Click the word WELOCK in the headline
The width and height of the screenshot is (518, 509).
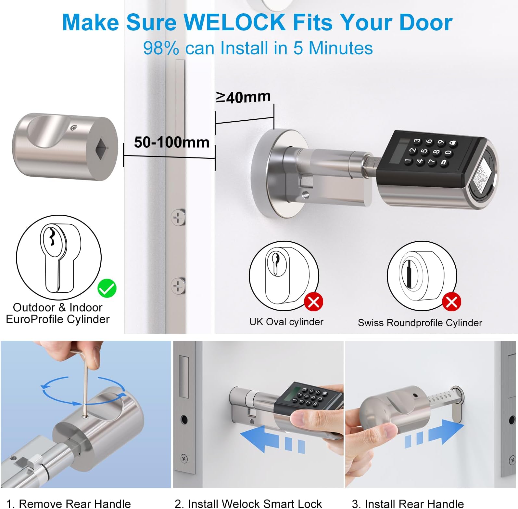(234, 22)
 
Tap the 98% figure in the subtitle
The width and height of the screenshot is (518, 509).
(161, 48)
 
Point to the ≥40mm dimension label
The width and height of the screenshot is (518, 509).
(243, 97)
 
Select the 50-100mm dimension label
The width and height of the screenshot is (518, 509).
(172, 142)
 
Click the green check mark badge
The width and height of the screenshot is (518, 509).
(107, 288)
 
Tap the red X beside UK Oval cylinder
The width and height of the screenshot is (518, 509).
(314, 302)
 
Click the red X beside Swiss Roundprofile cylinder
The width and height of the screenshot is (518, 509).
(452, 302)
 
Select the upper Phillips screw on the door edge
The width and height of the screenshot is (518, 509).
(178, 217)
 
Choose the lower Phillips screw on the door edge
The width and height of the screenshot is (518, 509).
(178, 286)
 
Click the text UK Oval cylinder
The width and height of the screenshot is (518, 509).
(286, 322)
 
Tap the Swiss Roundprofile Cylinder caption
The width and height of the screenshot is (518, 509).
(420, 323)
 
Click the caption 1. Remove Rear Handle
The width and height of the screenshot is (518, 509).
(69, 503)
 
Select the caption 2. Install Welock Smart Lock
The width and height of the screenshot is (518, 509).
(248, 503)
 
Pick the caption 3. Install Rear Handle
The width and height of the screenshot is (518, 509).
(408, 503)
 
